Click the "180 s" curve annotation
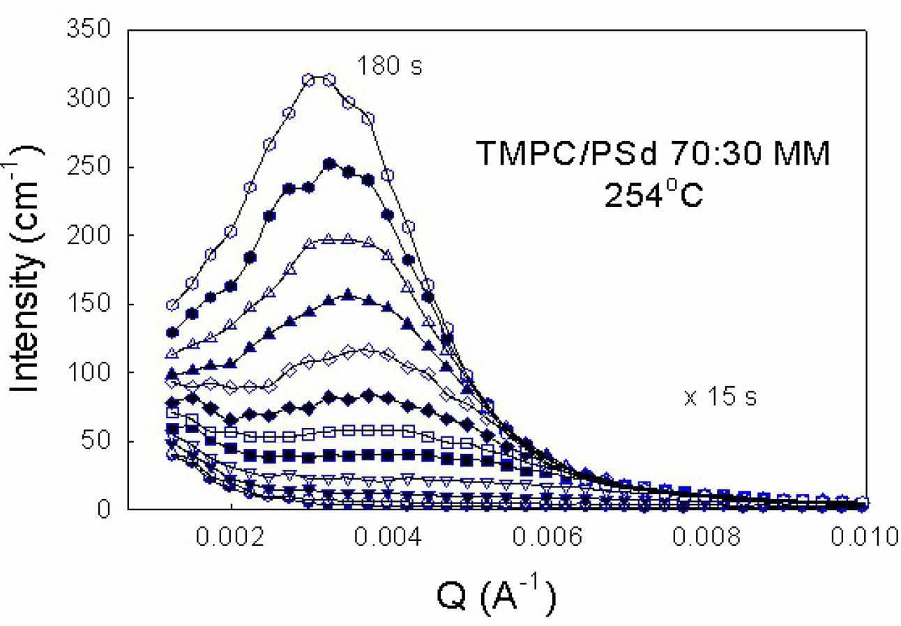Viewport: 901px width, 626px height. click(x=390, y=67)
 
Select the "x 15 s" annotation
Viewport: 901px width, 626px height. click(x=720, y=399)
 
